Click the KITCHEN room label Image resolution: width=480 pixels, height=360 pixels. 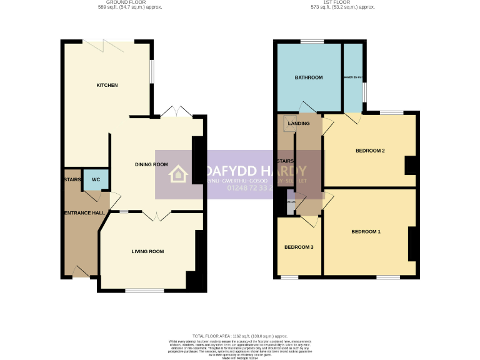(x=106, y=85)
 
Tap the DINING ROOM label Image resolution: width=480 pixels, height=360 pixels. (x=151, y=164)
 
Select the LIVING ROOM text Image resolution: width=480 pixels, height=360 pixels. (x=147, y=251)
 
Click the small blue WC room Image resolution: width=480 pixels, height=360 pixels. (x=96, y=180)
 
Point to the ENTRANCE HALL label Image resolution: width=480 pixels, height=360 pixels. (x=83, y=214)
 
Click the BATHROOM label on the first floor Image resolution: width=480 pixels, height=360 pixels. (x=308, y=77)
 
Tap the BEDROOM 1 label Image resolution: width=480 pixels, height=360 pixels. (x=366, y=232)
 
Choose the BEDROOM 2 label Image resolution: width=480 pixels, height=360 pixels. (x=369, y=151)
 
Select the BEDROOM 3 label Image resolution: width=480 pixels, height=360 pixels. (x=299, y=247)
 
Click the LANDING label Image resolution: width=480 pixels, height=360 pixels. (x=299, y=124)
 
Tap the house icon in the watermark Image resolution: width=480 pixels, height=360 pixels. (x=178, y=174)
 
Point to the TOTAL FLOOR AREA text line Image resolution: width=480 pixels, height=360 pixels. (x=240, y=336)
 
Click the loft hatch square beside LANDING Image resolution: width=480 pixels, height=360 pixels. (x=289, y=121)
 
